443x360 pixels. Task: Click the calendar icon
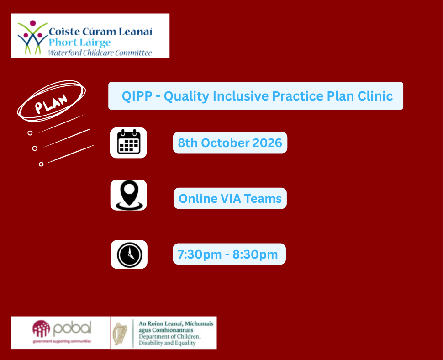tap(128, 142)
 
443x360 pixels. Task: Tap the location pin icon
tap(129, 195)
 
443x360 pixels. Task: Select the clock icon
tap(129, 254)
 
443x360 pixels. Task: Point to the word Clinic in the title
tap(375, 96)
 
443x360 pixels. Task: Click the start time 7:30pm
tap(200, 254)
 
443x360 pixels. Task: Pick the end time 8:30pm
tap(255, 254)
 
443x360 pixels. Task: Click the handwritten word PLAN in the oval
tap(51, 103)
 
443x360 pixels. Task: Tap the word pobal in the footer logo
tap(72, 328)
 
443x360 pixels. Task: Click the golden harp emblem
tap(120, 334)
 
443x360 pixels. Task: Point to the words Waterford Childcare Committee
tap(100, 53)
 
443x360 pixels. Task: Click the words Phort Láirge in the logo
tap(79, 42)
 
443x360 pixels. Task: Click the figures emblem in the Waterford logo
tap(32, 37)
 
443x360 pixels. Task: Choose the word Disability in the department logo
tap(151, 343)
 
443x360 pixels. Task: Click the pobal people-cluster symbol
tap(41, 328)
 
